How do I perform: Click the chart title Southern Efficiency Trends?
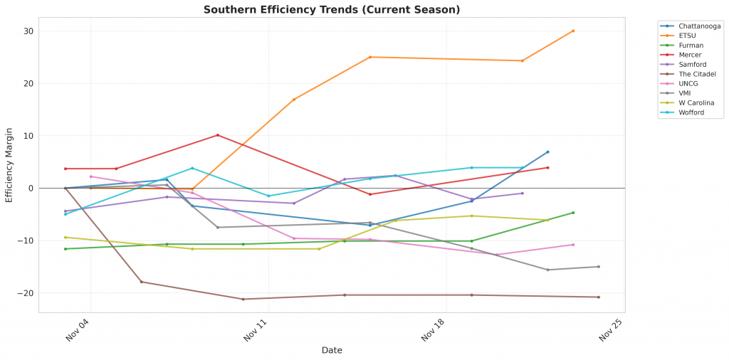(332, 10)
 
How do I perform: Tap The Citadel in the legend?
(698, 74)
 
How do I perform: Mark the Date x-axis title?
(332, 350)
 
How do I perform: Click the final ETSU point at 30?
(573, 31)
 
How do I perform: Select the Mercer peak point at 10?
(218, 135)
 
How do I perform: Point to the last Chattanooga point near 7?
(547, 152)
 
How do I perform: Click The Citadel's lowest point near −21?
(243, 299)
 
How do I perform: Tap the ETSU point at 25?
(370, 57)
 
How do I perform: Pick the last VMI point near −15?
(598, 267)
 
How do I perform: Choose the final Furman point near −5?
(573, 213)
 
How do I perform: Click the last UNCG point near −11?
(573, 245)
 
